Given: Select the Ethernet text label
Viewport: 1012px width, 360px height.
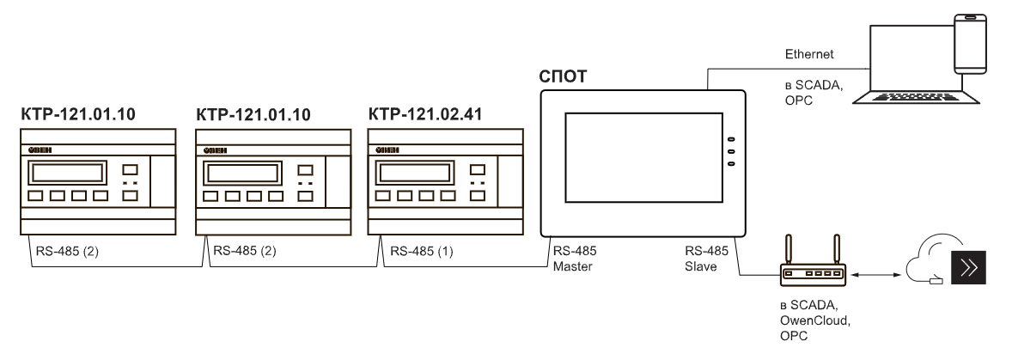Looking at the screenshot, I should [808, 54].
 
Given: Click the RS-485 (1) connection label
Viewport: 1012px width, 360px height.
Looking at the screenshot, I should [422, 252].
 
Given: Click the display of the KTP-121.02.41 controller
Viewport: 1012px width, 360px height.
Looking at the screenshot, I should [410, 174].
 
